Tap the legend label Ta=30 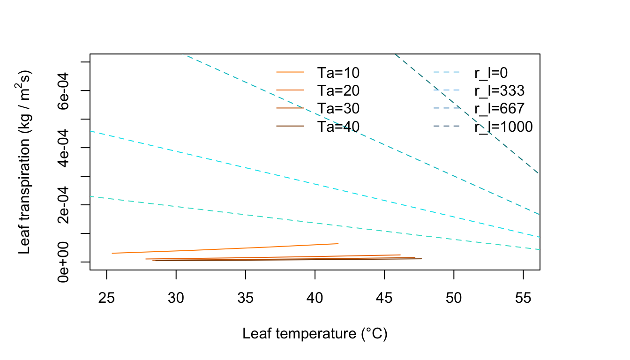coord(338,108)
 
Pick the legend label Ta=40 coord(338,126)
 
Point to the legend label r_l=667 coord(499,108)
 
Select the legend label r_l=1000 coord(503,126)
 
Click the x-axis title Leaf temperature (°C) coord(315,334)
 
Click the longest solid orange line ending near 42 coord(225,248)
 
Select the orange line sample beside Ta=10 coord(290,72)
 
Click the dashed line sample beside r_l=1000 coord(448,126)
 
